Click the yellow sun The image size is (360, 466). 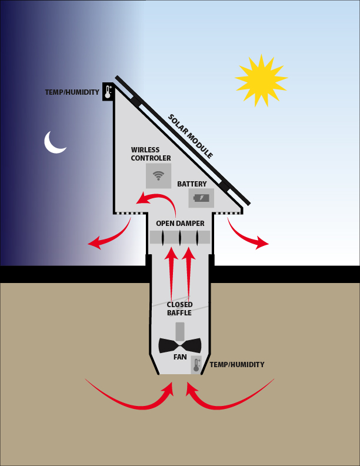pyautogui.click(x=261, y=80)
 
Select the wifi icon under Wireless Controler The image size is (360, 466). pyautogui.click(x=158, y=176)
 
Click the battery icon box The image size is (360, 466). pyautogui.click(x=201, y=198)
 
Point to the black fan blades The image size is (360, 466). pyautogui.click(x=179, y=345)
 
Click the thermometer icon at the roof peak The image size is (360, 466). pyautogui.click(x=108, y=92)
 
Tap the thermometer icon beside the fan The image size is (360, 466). pyautogui.click(x=196, y=365)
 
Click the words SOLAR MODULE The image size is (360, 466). pyautogui.click(x=191, y=136)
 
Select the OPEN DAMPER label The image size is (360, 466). pyautogui.click(x=181, y=223)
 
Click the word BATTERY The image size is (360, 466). pyautogui.click(x=192, y=184)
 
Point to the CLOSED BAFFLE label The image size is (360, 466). pyautogui.click(x=179, y=308)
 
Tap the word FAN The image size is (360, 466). pyautogui.click(x=180, y=357)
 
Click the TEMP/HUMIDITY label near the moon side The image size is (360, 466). pyautogui.click(x=72, y=92)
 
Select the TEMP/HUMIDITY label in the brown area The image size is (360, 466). pyautogui.click(x=237, y=365)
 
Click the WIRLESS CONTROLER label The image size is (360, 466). pyautogui.click(x=151, y=154)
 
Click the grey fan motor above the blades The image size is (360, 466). pyautogui.click(x=179, y=332)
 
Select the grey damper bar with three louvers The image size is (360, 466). pyautogui.click(x=180, y=237)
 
